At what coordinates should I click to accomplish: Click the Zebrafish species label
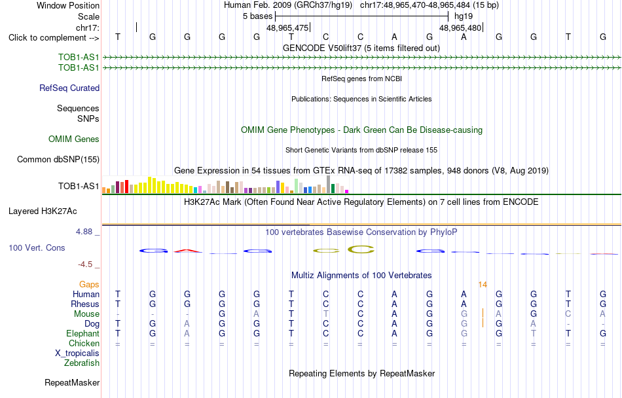pos(82,363)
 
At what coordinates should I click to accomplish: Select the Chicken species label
pos(84,343)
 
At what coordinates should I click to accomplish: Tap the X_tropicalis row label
pos(77,353)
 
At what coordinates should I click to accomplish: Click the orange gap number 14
pos(483,285)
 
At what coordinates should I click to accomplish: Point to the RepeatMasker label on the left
pos(72,382)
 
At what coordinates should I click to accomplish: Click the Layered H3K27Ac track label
pos(43,211)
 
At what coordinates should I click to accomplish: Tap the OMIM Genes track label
pos(74,139)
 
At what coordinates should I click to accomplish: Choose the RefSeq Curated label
pos(69,88)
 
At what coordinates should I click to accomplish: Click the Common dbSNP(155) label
pos(58,159)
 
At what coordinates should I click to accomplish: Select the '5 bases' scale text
pos(258,16)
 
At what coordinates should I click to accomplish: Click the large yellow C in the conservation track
pos(361,249)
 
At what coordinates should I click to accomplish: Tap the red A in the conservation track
pos(188,251)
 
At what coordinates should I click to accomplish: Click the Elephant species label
pos(83,334)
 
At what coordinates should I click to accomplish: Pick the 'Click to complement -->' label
pos(54,38)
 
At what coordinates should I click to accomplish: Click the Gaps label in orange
pos(89,285)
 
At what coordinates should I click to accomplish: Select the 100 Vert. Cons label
pos(37,247)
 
